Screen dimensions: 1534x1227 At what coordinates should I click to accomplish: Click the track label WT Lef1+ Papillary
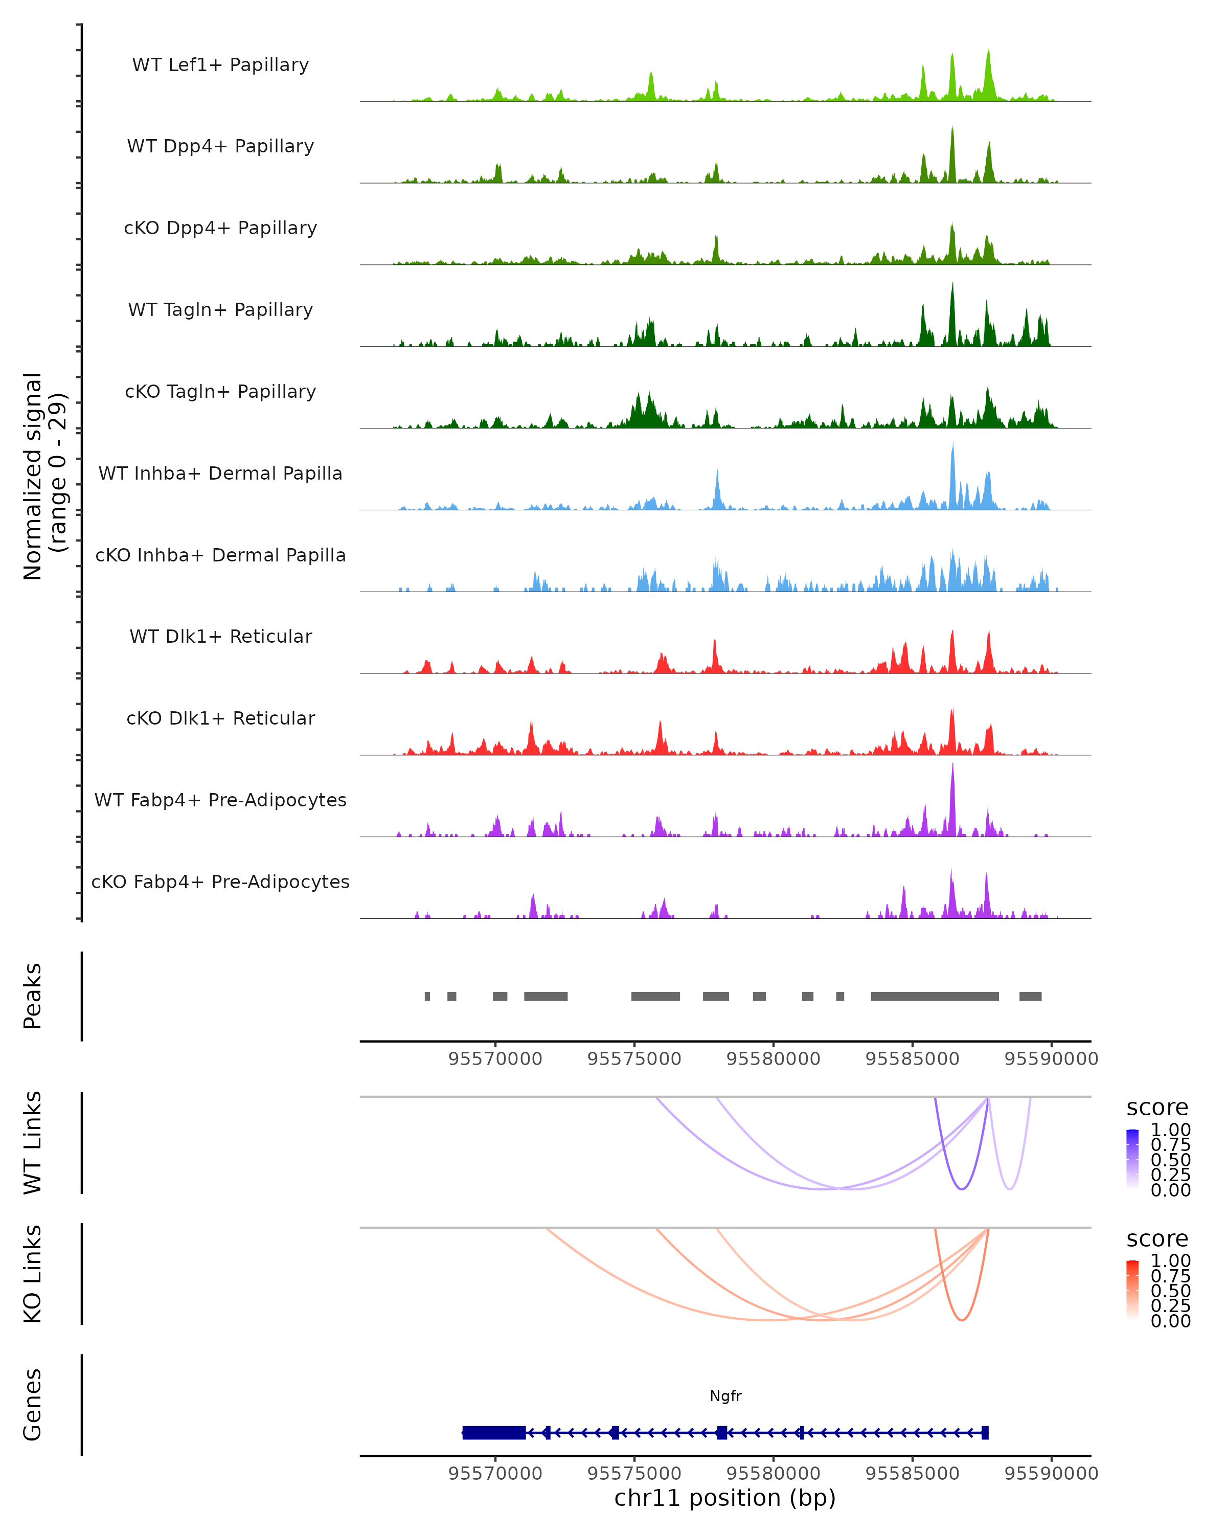tap(220, 65)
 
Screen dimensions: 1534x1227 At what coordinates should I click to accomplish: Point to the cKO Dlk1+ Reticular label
tap(220, 718)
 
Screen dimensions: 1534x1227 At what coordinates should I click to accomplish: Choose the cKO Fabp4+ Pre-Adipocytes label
tap(220, 882)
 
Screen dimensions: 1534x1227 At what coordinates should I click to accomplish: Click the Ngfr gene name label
tap(725, 1396)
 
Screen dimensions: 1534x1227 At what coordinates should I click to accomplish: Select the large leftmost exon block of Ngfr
tap(494, 1432)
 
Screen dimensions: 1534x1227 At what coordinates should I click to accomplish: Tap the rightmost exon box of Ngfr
tap(985, 1432)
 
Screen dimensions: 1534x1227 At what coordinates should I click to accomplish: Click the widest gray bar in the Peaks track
tap(935, 996)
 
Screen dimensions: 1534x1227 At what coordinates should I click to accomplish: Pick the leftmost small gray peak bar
tap(427, 996)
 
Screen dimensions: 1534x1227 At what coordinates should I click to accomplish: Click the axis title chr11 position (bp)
tap(725, 1498)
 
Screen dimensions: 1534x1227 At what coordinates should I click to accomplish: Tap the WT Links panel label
tap(33, 1143)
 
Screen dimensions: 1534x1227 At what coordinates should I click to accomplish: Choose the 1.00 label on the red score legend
tap(1171, 1261)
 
